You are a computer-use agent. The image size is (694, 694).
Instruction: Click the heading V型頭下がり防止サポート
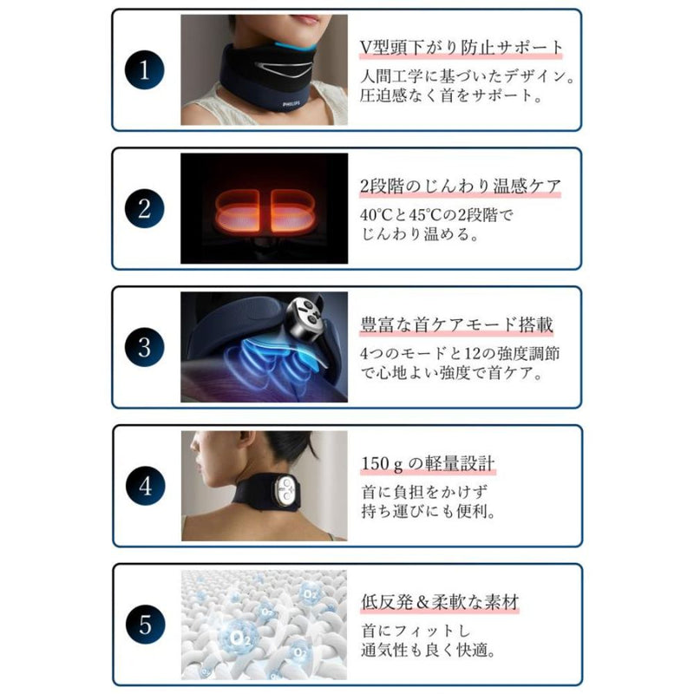tap(461, 47)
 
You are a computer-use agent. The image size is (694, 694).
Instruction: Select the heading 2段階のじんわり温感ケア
tap(460, 186)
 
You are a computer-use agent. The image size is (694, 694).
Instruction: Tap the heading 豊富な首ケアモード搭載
tap(456, 325)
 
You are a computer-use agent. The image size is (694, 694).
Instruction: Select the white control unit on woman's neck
tap(287, 491)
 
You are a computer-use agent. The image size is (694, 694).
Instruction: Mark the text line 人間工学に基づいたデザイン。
tap(468, 75)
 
